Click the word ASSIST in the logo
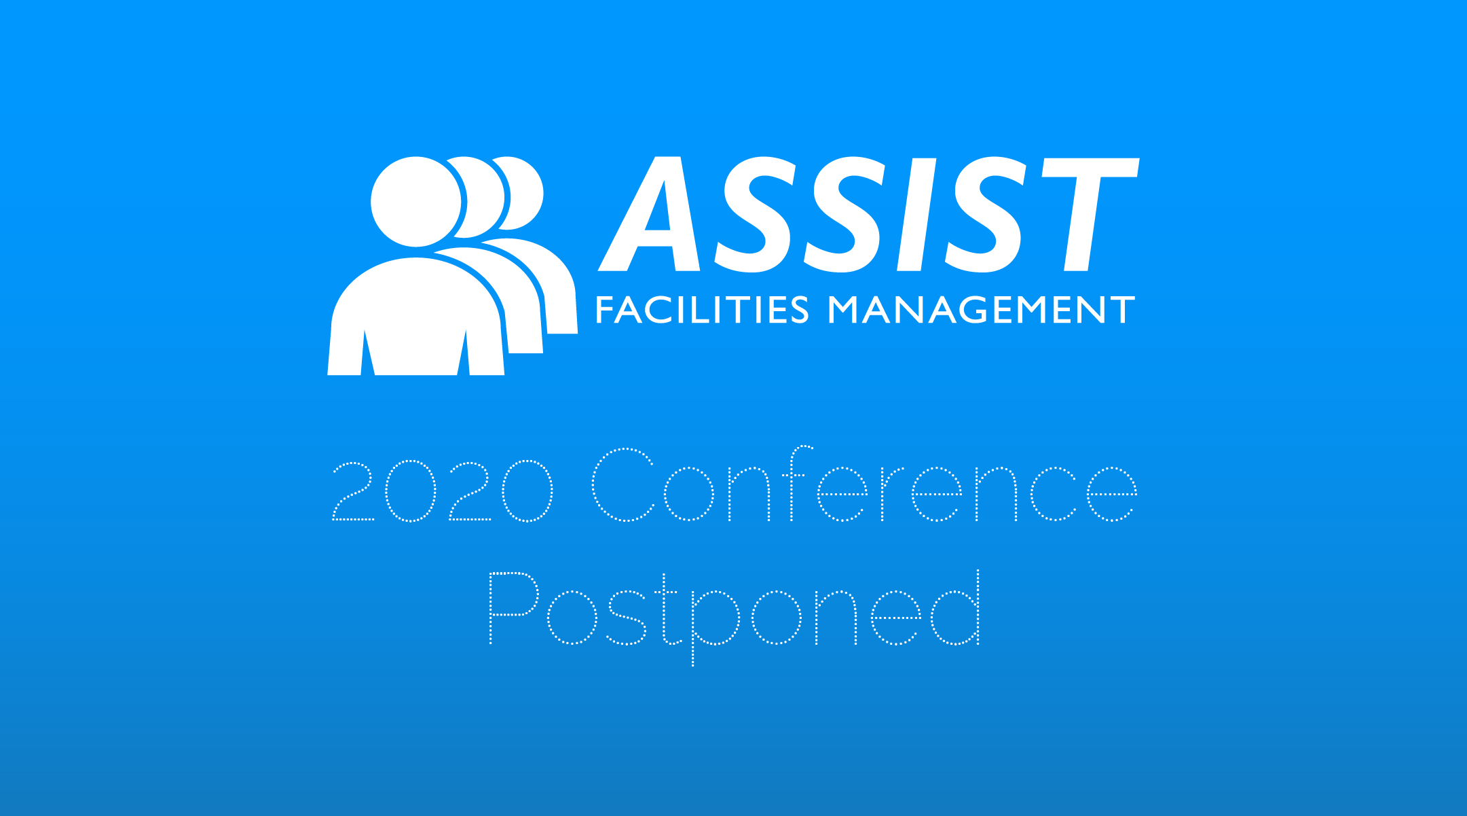click(x=868, y=214)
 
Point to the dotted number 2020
click(x=443, y=491)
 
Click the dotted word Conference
click(x=865, y=484)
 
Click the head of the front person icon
click(x=416, y=202)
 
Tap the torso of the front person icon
click(x=416, y=317)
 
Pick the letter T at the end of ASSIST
click(x=1090, y=215)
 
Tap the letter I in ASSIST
click(x=918, y=215)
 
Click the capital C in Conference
click(x=623, y=484)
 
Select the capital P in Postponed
click(x=514, y=608)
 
